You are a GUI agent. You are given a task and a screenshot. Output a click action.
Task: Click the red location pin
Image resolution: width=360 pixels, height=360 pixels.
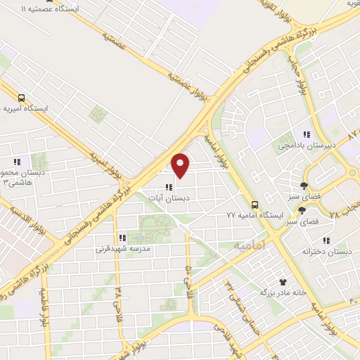[x=181, y=165]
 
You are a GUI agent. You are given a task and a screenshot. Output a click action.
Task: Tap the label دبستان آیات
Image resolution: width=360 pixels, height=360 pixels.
[x=169, y=198]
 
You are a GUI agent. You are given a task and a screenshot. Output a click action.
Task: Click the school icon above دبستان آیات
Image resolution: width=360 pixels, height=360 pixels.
[x=167, y=187]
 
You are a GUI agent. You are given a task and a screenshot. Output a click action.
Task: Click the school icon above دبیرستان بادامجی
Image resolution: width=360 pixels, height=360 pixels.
[x=306, y=134]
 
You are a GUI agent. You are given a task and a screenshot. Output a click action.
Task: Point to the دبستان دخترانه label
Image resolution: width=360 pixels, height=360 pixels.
[x=326, y=252]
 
